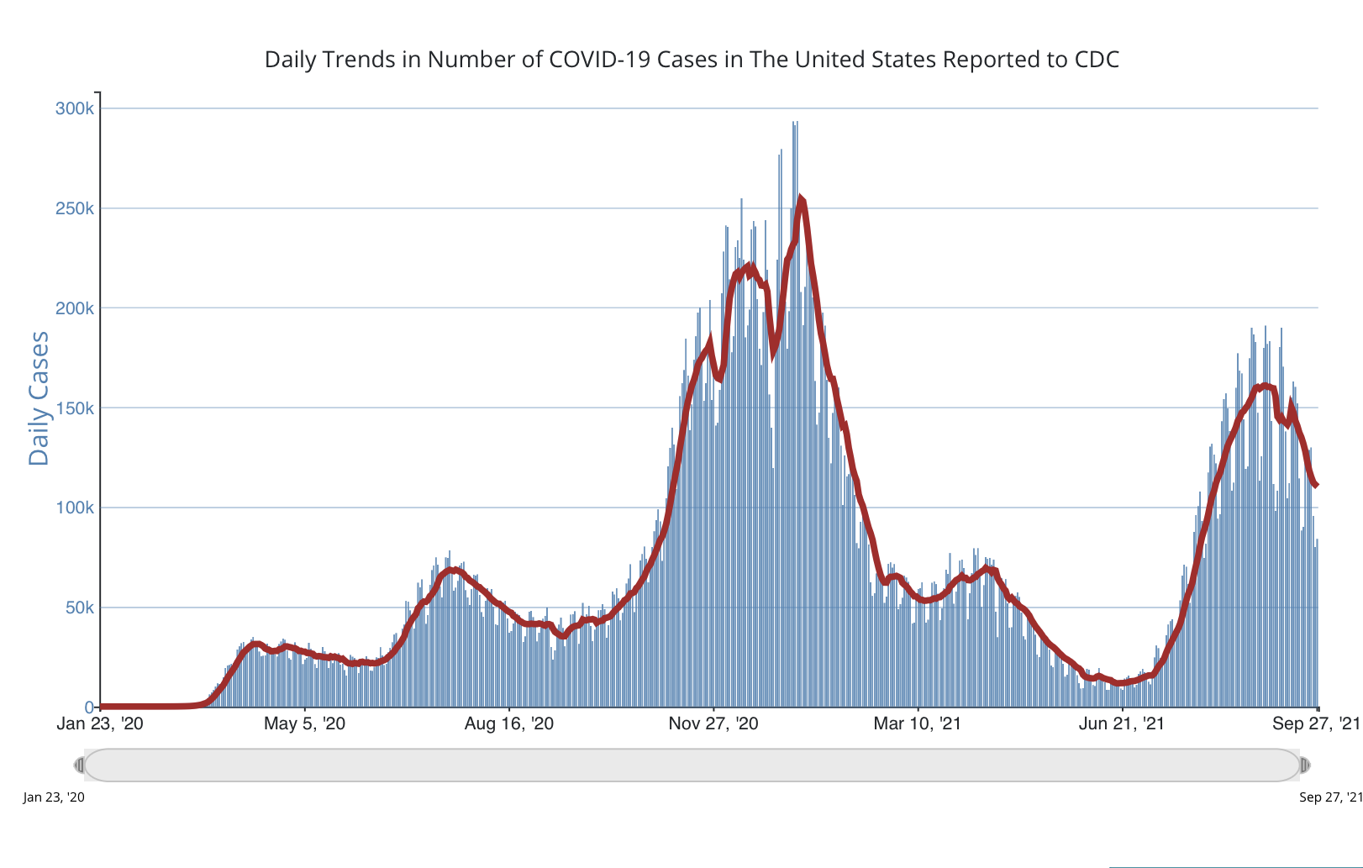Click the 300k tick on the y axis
click(x=75, y=109)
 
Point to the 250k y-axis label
click(x=75, y=208)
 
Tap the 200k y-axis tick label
click(x=75, y=308)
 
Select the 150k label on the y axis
click(x=75, y=408)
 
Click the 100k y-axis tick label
click(x=75, y=508)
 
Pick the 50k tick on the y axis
click(x=80, y=608)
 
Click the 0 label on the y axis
click(x=90, y=708)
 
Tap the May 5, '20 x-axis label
click(x=304, y=724)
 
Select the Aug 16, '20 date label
click(x=509, y=724)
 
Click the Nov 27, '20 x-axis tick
click(x=713, y=724)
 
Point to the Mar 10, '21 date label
click(x=917, y=724)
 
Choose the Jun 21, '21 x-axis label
click(x=1122, y=724)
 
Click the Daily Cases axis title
click(x=39, y=398)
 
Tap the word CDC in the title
click(x=1097, y=60)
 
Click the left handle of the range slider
click(x=80, y=765)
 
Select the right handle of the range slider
click(x=1305, y=765)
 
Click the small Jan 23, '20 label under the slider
click(x=54, y=797)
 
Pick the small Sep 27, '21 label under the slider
click(x=1330, y=797)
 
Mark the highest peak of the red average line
click(x=801, y=199)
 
